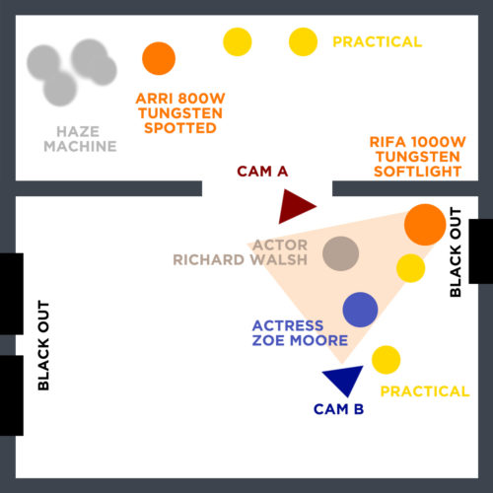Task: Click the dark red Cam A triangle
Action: (294, 206)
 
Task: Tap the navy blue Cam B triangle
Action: (344, 379)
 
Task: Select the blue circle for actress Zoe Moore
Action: (360, 310)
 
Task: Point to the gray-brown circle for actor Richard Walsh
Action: (340, 253)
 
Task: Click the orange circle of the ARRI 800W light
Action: (159, 58)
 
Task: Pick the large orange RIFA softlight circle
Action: (425, 225)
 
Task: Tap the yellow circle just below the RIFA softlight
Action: (410, 268)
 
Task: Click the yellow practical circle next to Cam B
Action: (387, 360)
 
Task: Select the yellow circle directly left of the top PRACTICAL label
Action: (303, 41)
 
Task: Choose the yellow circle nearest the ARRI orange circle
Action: (238, 41)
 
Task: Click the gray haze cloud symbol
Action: (72, 72)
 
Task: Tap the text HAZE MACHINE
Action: (80, 139)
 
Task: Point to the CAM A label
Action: (262, 172)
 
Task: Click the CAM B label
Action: (338, 409)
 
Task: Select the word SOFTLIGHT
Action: (418, 172)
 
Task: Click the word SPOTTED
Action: (180, 128)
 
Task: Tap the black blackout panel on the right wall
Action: (480, 251)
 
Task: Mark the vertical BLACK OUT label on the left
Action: (43, 345)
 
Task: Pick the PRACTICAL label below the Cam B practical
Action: (425, 391)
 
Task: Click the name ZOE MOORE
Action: (300, 340)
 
